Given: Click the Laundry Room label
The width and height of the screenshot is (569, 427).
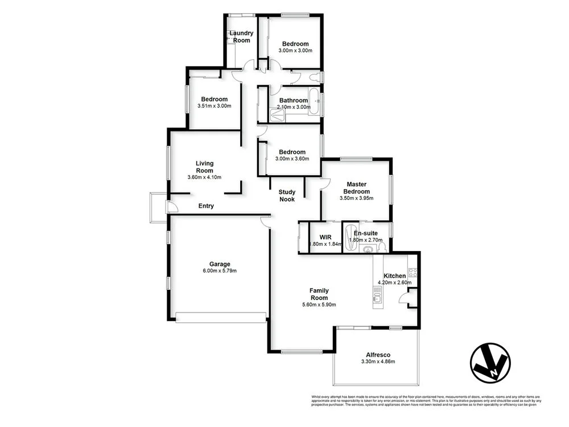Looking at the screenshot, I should coord(241,36).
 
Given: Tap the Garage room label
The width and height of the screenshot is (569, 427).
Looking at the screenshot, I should coord(220,264).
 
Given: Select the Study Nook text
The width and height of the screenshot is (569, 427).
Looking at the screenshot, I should coord(287,195).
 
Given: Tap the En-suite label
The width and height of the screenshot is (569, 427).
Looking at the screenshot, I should coord(366,233).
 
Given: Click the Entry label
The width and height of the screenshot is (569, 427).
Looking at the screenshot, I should coord(206,206).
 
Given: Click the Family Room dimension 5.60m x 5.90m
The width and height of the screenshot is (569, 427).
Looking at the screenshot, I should coord(319,305).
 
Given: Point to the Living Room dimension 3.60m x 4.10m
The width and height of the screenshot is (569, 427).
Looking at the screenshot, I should coord(204,177).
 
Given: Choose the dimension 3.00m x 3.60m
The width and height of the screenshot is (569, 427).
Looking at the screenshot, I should coord(292,159).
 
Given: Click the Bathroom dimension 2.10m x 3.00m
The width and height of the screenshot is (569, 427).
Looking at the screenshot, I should coord(294,107).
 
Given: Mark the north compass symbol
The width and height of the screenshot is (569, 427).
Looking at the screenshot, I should coord(490,362).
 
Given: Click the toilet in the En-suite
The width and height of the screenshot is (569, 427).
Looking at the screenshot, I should coord(382,247).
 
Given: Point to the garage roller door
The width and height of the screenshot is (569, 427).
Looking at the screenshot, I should coord(221,317).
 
